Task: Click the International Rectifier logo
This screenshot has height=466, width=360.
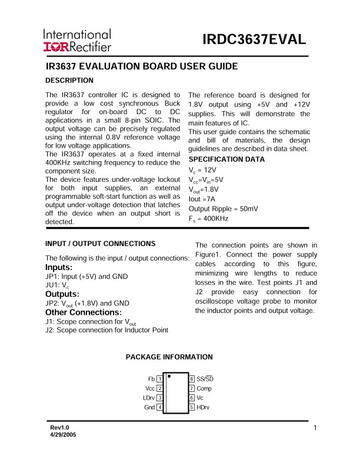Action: pos(76,40)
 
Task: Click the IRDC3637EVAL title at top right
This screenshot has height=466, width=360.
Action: pos(254,40)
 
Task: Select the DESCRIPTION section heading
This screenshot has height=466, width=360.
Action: pos(69,81)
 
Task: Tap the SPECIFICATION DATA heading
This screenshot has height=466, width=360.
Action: pos(226,159)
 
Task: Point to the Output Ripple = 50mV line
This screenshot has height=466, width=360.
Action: pos(223,208)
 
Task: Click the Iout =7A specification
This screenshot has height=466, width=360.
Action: pos(201,199)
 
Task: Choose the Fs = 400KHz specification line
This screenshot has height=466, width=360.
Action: pos(208,218)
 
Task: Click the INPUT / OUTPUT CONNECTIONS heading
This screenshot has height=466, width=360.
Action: pos(100,244)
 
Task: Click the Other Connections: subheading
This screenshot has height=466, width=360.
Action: pos(83,312)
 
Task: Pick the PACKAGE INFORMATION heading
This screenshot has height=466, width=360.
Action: pos(169,357)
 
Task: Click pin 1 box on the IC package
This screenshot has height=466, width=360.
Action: pos(160,379)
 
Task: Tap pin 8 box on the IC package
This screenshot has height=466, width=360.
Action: pos(192,379)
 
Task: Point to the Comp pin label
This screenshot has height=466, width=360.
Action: pos(204,388)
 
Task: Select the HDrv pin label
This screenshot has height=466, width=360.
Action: pos(204,407)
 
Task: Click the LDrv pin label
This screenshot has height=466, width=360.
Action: pos(149,398)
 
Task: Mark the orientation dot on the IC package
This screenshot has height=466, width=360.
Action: pos(169,376)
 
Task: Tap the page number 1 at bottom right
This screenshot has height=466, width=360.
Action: pos(316,428)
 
